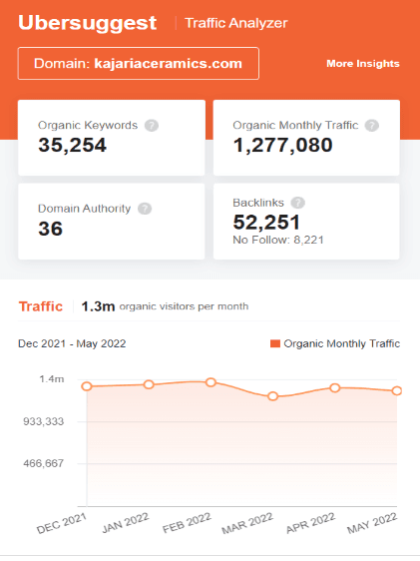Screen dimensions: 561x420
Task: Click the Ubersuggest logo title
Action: pyautogui.click(x=88, y=21)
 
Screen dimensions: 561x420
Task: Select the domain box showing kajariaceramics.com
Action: pyautogui.click(x=138, y=63)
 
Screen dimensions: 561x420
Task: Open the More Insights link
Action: pyautogui.click(x=362, y=64)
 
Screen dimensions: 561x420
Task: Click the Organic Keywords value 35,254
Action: pyautogui.click(x=72, y=146)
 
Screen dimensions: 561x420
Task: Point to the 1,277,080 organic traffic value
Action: pyautogui.click(x=284, y=146)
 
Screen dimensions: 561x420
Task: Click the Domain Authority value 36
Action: pyautogui.click(x=50, y=229)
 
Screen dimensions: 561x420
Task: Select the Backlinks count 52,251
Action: pyautogui.click(x=266, y=222)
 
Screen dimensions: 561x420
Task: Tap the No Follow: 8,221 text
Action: pyautogui.click(x=278, y=240)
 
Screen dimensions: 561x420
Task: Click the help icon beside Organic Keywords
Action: pyautogui.click(x=152, y=126)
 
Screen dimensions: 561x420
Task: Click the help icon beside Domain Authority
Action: pyautogui.click(x=145, y=209)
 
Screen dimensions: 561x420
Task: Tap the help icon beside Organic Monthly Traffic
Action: pyautogui.click(x=371, y=126)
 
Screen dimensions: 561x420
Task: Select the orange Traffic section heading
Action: pyautogui.click(x=40, y=306)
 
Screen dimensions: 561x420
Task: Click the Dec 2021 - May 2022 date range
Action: pyautogui.click(x=72, y=343)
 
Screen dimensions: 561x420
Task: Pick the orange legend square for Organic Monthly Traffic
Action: pyautogui.click(x=275, y=343)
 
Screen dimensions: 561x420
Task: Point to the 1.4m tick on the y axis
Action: pyautogui.click(x=52, y=379)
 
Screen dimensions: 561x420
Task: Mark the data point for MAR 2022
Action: pyautogui.click(x=272, y=396)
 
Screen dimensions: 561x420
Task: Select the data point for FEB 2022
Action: pyautogui.click(x=210, y=382)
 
